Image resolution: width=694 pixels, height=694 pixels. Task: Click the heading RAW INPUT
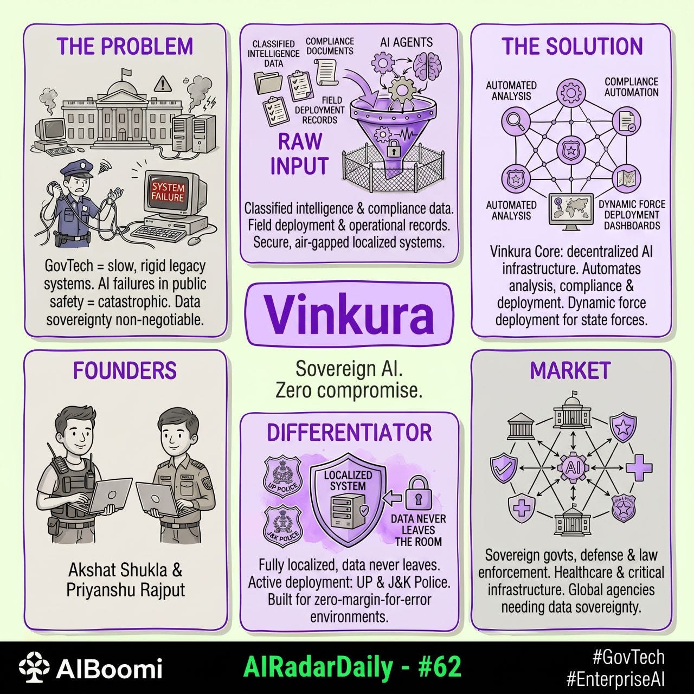point(300,153)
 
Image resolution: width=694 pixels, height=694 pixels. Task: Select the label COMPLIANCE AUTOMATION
point(631,87)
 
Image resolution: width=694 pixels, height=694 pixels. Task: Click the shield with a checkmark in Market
point(504,468)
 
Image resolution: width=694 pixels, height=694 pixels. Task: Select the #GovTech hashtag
point(628,657)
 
